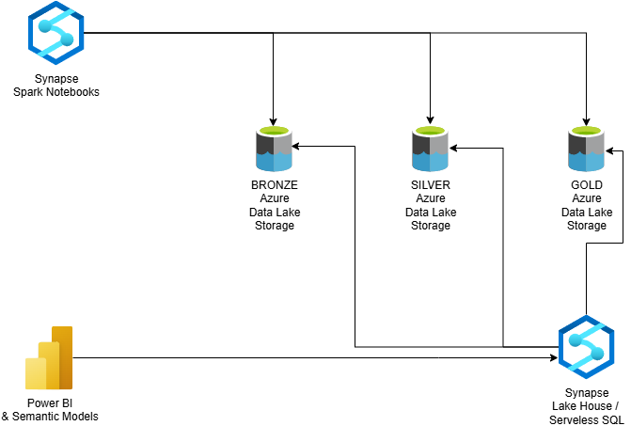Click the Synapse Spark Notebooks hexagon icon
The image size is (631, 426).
[57, 34]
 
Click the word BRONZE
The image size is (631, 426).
[274, 185]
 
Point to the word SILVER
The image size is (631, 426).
[431, 185]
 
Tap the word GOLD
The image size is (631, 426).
[587, 185]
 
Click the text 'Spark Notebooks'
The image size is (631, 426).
[56, 92]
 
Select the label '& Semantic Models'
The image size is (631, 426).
[50, 417]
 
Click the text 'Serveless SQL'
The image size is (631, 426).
[587, 418]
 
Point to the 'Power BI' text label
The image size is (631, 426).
[50, 403]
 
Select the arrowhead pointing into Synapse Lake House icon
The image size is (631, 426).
[552, 357]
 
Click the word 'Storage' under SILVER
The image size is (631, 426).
[431, 226]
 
